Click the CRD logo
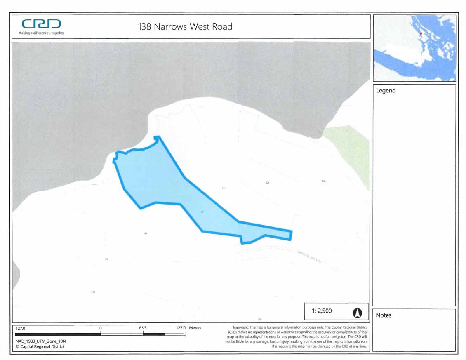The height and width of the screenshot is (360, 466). tap(41, 25)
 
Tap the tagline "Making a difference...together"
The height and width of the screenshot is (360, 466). tap(41, 33)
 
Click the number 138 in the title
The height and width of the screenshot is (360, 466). tap(145, 27)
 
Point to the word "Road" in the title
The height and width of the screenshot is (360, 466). tap(223, 27)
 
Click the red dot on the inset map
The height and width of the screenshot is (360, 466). tap(421, 33)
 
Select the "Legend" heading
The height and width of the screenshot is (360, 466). tap(386, 91)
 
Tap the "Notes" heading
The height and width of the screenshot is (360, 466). tap(384, 315)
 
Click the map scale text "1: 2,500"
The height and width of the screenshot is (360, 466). tap(321, 311)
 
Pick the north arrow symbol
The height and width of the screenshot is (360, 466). tap(357, 313)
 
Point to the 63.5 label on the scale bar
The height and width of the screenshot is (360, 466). tap(143, 328)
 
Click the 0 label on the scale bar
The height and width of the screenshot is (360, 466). tap(101, 328)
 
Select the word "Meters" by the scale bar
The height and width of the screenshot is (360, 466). tap(195, 328)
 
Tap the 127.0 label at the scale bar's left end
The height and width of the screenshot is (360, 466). tap(21, 329)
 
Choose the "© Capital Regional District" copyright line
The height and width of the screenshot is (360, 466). tap(40, 347)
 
